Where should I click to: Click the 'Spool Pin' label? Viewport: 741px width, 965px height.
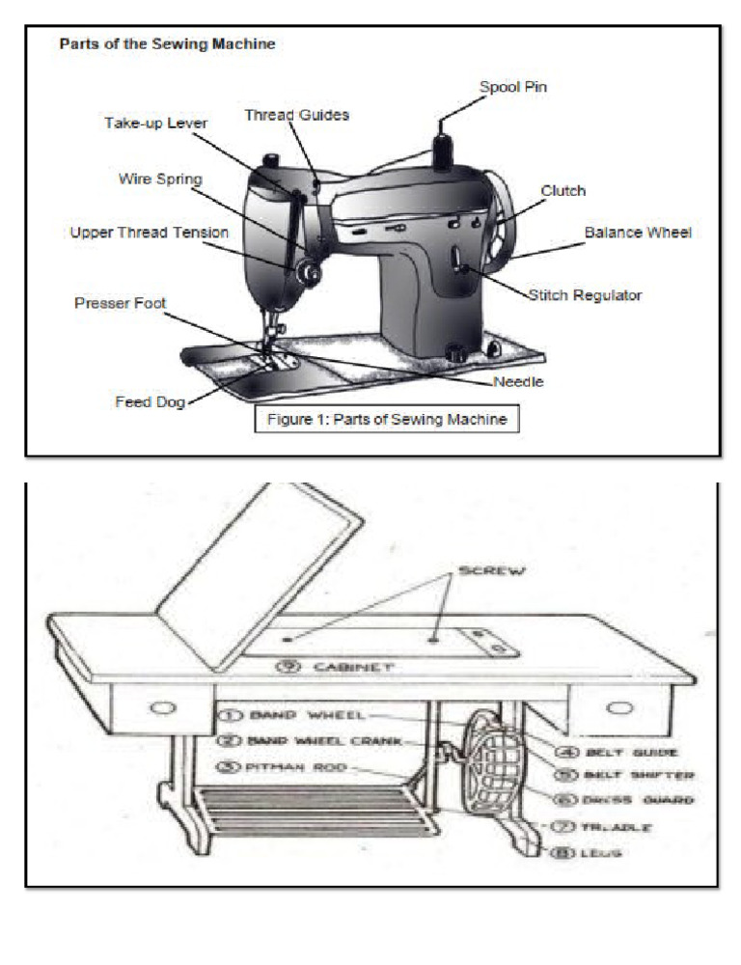(x=514, y=88)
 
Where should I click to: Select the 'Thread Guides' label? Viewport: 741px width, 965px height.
(x=296, y=115)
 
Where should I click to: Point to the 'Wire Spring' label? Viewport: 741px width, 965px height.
(x=158, y=179)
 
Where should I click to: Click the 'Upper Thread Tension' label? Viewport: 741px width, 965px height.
(x=149, y=233)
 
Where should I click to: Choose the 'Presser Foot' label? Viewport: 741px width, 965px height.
(x=120, y=303)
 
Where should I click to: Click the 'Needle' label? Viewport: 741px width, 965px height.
(x=518, y=381)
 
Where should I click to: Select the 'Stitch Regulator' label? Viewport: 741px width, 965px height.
(x=584, y=294)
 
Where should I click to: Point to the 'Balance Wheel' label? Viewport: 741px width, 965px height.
(x=638, y=233)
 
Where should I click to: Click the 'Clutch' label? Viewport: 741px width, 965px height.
(x=563, y=191)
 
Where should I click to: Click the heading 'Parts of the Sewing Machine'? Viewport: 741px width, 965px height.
(x=167, y=44)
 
